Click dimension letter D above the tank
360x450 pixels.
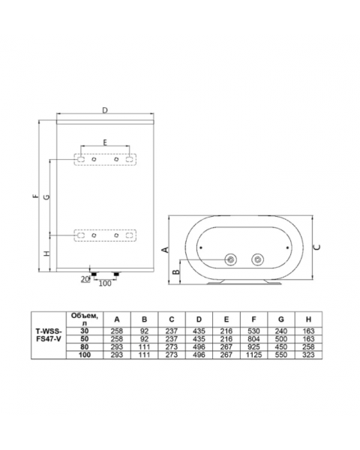105,110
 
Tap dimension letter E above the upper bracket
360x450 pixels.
105,142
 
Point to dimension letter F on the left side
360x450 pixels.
35,196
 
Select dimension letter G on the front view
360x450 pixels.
46,196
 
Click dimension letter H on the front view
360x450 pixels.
46,253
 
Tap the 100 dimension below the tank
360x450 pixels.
105,283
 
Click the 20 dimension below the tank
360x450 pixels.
85,279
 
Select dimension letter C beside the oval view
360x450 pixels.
317,247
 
